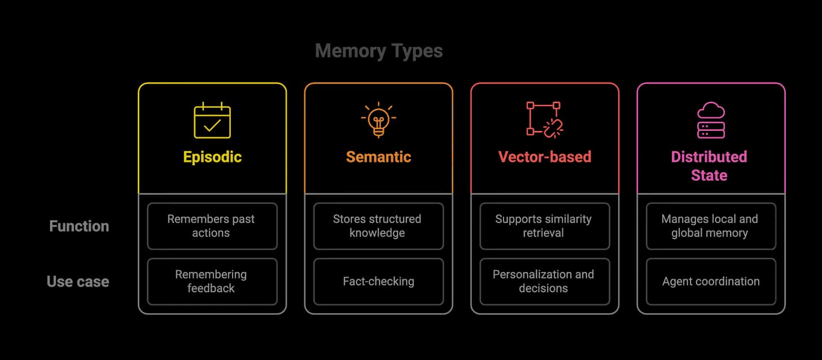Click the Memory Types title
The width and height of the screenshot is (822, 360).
tap(379, 51)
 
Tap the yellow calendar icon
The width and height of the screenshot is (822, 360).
tap(212, 120)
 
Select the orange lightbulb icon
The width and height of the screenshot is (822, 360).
tap(379, 120)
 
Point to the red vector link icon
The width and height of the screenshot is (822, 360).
tap(545, 120)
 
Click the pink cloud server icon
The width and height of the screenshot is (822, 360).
tap(711, 120)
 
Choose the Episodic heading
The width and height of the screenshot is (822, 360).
tap(212, 157)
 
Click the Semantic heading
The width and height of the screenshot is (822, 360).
tap(378, 157)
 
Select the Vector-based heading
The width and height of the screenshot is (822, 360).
tap(545, 157)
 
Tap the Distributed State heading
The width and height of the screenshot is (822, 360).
tap(709, 166)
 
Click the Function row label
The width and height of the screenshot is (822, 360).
tap(79, 226)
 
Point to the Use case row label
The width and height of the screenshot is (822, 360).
tap(78, 282)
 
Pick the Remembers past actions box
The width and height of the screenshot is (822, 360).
tap(212, 226)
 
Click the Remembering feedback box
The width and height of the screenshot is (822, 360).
tap(212, 282)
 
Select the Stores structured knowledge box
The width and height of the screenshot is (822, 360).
tap(378, 226)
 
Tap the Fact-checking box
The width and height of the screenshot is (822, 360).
tap(378, 282)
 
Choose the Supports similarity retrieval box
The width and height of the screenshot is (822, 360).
tap(545, 226)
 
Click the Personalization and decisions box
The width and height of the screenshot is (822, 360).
tap(545, 282)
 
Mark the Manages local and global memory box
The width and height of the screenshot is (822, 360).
tap(711, 226)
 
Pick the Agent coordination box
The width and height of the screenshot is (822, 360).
tap(711, 282)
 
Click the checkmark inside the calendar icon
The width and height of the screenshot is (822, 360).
tap(212, 126)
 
